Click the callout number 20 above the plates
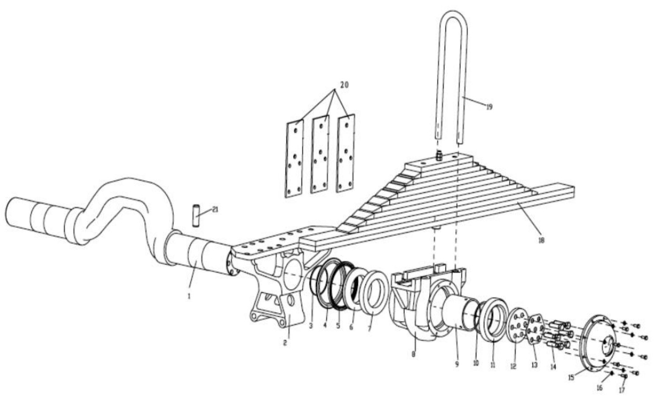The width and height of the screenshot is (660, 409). [344, 85]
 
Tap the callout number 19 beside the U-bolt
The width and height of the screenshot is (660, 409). [489, 107]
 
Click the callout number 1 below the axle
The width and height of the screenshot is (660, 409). [189, 296]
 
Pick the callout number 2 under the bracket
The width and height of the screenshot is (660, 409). [285, 343]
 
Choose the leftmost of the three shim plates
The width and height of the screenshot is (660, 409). [294, 159]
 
